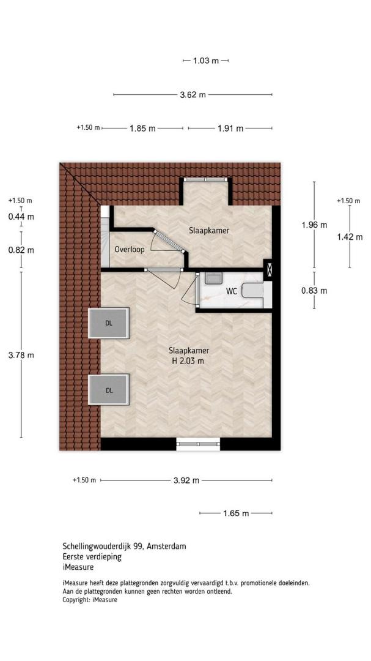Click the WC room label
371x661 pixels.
232,291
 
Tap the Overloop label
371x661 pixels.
130,250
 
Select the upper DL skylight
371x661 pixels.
109,323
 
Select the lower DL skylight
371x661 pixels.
109,390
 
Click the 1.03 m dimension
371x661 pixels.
206,61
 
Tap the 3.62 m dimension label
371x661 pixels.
193,95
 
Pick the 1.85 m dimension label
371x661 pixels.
142,129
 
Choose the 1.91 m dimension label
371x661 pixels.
230,129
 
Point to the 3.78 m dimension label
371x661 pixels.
21,356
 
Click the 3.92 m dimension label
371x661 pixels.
186,480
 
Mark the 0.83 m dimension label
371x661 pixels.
314,291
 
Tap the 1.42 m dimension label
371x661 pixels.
350,237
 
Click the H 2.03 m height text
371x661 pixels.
188,361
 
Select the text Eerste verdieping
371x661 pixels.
92,557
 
